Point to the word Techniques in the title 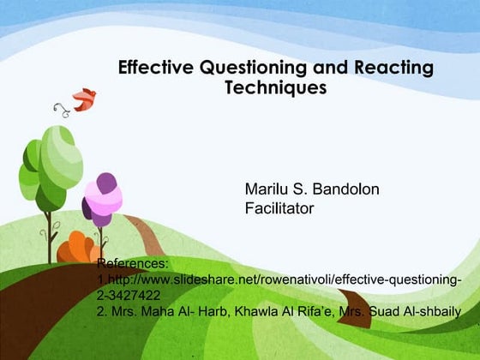point(275,87)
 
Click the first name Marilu point(268,189)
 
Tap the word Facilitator point(279,207)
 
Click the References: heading point(133,264)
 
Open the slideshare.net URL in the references point(283,280)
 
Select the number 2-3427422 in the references point(129,296)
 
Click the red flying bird point(84,99)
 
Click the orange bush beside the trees point(76,249)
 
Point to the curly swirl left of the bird point(60,109)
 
